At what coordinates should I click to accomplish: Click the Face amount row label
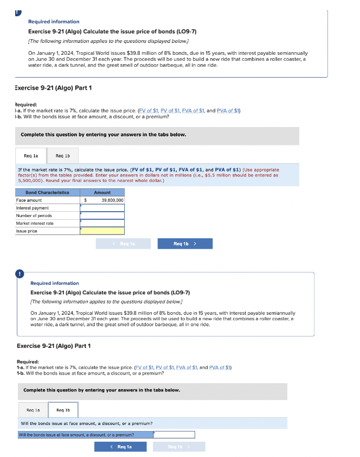29,200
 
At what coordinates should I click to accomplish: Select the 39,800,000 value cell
112,200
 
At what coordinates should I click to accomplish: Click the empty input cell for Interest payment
102,208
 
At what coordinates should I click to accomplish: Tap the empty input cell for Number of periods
102,215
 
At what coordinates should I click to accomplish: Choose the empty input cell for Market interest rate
102,223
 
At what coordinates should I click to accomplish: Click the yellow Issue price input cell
102,231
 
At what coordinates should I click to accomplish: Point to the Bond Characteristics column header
47,193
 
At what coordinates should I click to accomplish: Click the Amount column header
102,193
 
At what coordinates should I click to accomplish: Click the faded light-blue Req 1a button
123,244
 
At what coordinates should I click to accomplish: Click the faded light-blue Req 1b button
179,447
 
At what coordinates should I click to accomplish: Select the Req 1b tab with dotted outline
63,410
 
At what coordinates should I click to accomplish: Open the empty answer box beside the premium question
174,435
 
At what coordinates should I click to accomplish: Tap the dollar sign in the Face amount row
85,200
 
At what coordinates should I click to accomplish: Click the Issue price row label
27,231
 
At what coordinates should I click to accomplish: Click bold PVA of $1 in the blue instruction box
228,170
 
